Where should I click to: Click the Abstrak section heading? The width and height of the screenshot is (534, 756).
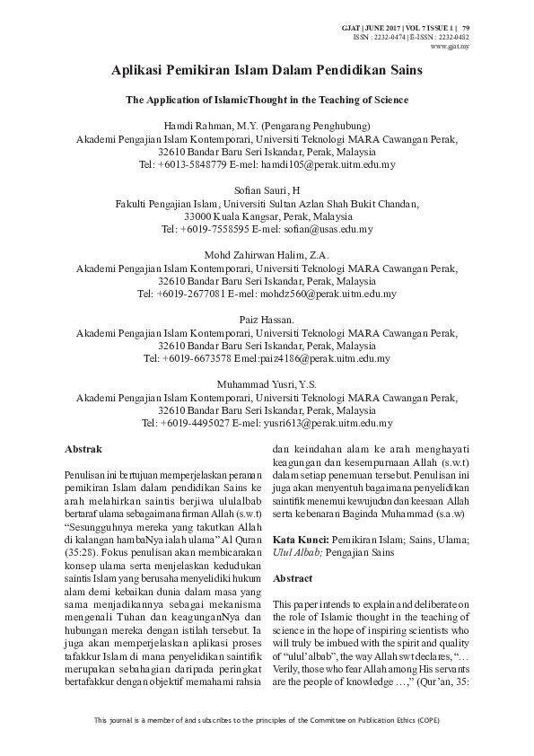[x=83, y=447]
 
